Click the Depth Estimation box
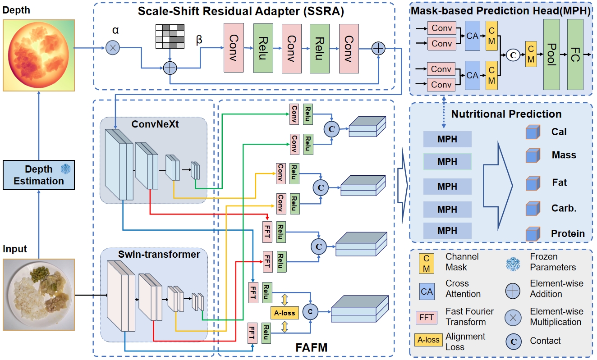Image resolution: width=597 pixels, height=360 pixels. point(39,175)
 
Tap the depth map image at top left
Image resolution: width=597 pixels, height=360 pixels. point(39,55)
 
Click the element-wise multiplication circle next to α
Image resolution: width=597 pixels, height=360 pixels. point(112,47)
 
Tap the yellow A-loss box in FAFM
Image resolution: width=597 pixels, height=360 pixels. point(285,313)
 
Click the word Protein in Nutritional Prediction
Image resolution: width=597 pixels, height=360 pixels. point(568,234)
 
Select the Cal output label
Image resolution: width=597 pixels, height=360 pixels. point(559,132)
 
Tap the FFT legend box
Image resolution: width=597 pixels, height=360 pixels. point(427,317)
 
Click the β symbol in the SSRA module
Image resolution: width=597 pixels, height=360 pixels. point(199,40)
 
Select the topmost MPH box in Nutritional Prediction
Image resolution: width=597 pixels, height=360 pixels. point(447,139)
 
